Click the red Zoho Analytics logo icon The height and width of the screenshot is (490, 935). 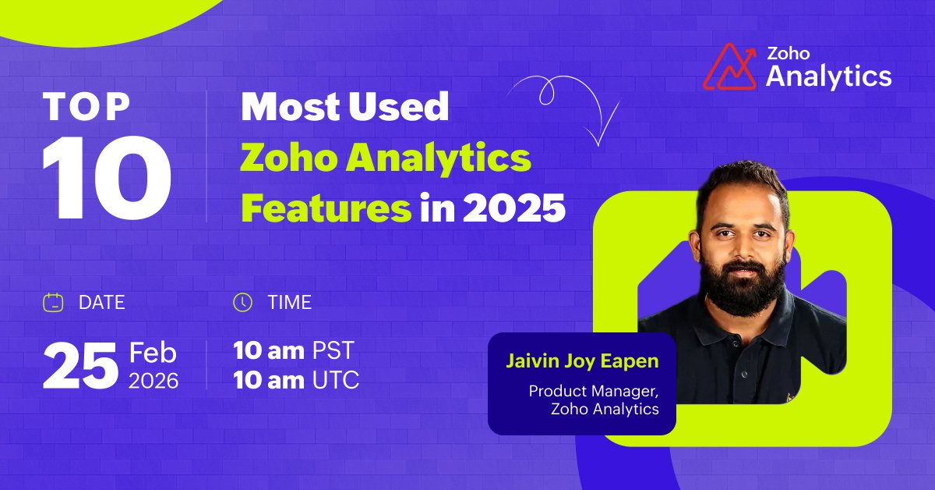(x=731, y=67)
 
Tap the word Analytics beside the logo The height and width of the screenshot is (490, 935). (x=829, y=76)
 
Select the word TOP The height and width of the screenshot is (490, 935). (x=87, y=107)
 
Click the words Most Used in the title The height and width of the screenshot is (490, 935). (x=344, y=107)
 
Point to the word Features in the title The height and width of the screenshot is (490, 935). (x=326, y=209)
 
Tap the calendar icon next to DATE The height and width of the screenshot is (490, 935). (x=52, y=302)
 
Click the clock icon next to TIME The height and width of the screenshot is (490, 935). (x=243, y=302)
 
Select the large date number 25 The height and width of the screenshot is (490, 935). (x=79, y=366)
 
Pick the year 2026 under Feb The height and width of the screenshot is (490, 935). (x=153, y=381)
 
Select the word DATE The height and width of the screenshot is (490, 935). (x=101, y=302)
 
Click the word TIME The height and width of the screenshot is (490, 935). (x=290, y=302)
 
